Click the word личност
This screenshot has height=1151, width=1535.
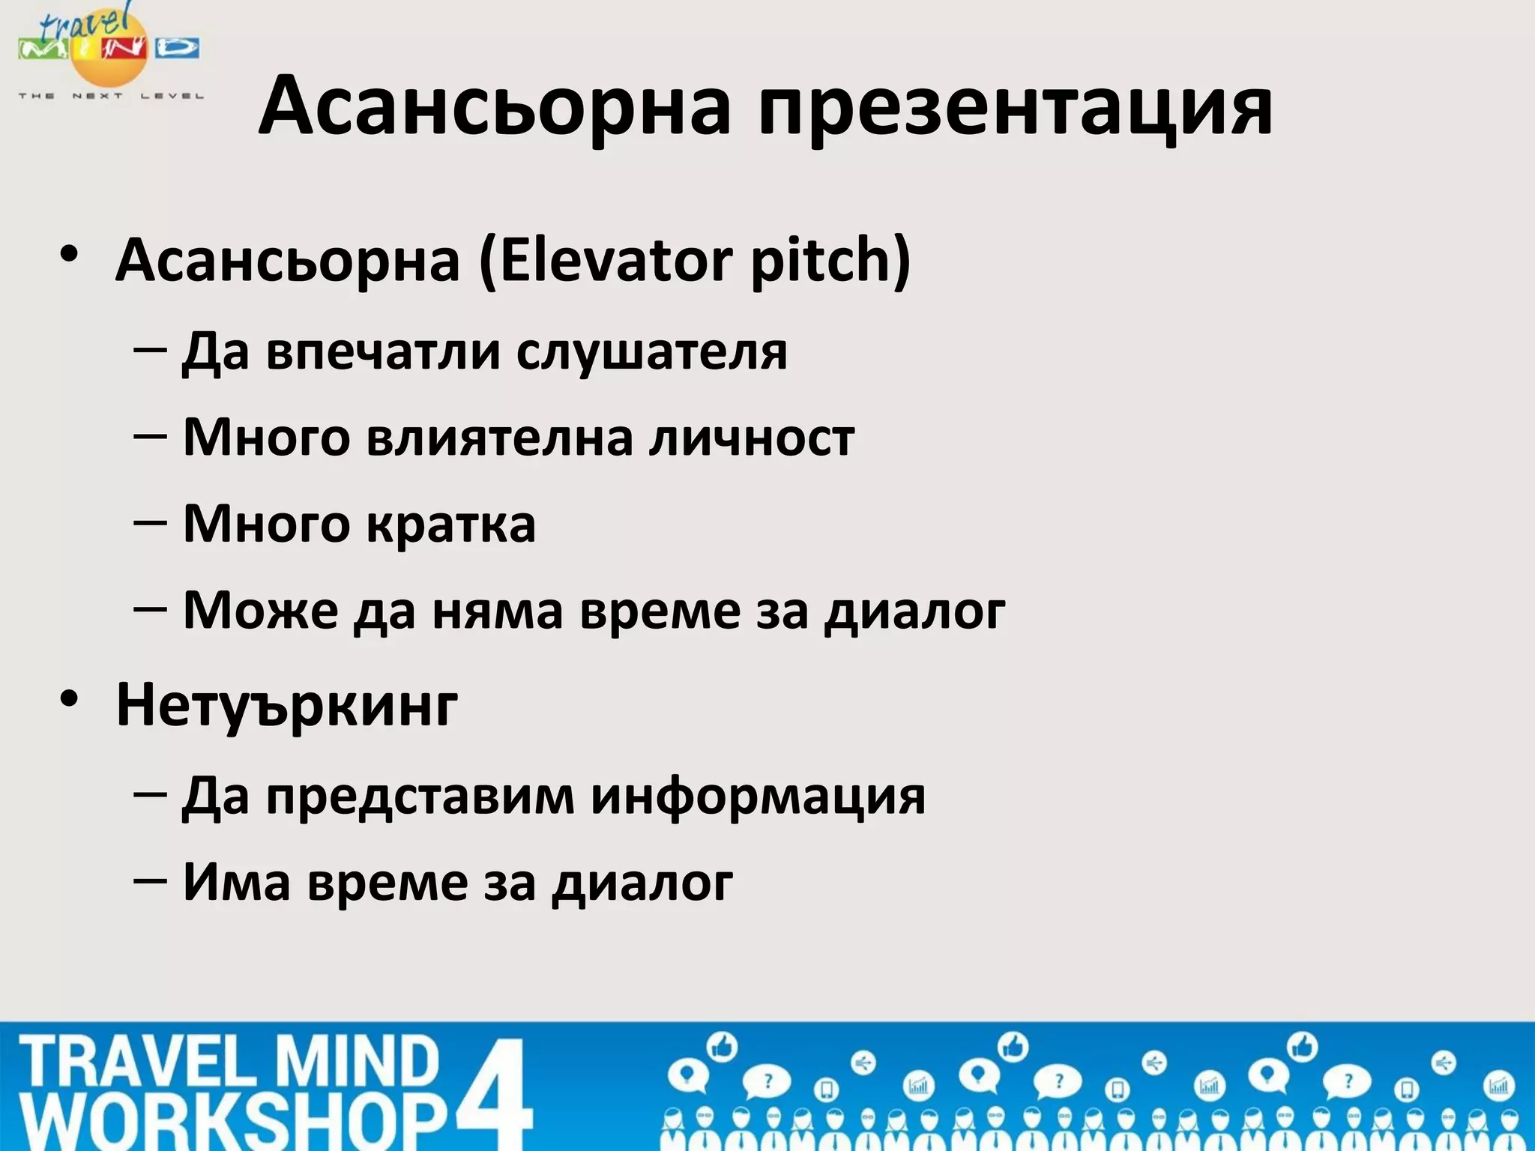click(x=752, y=438)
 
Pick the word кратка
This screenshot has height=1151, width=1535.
click(x=451, y=524)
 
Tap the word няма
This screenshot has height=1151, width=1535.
click(x=497, y=610)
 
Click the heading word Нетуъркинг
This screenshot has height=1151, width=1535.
click(x=286, y=705)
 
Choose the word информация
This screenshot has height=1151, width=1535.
click(x=758, y=797)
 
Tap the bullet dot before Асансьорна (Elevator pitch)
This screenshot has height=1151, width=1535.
click(x=70, y=255)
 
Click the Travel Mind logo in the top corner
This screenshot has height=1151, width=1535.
click(x=109, y=52)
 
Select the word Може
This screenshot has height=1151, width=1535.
click(x=260, y=610)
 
